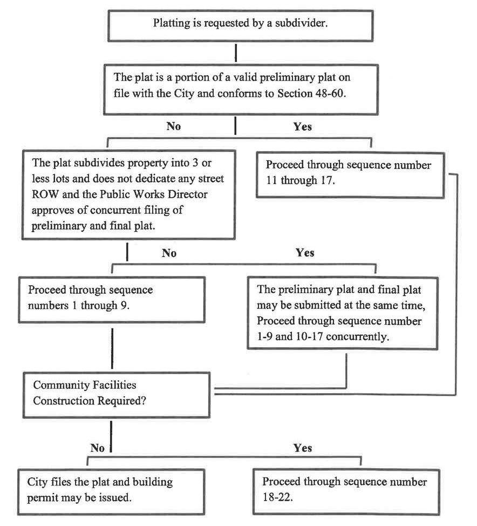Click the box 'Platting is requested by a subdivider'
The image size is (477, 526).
[240, 26]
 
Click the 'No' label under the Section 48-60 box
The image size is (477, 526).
[174, 126]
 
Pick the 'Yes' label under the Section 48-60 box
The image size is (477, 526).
[302, 126]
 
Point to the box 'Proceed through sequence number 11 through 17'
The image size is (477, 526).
[350, 175]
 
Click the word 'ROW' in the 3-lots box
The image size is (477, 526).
[45, 194]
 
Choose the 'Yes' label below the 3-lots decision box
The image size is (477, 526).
[305, 253]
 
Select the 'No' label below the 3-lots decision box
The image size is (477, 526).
[169, 253]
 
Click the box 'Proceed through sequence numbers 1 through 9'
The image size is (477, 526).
[112, 300]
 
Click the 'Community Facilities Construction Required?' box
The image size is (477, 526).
[117, 395]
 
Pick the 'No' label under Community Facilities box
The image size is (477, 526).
[98, 448]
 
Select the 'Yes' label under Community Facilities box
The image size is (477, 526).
[303, 448]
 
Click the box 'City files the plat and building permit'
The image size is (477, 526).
[111, 491]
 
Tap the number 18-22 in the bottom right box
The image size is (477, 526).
[277, 497]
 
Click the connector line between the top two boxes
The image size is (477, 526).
[236, 53]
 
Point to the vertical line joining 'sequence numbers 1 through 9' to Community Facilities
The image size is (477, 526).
[112, 348]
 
